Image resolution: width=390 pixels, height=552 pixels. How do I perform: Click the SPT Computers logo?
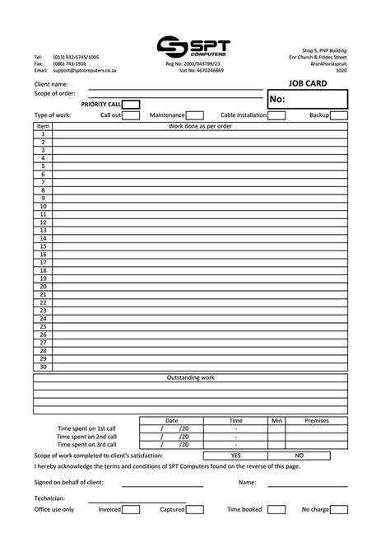[x=194, y=48]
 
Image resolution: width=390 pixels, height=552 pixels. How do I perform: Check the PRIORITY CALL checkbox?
[x=131, y=105]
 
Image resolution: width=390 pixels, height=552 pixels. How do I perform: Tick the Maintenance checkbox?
[x=195, y=115]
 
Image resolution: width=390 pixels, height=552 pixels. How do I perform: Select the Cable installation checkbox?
[x=277, y=115]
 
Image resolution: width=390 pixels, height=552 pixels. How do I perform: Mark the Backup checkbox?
[x=339, y=115]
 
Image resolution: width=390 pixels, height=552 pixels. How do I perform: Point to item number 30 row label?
[x=43, y=367]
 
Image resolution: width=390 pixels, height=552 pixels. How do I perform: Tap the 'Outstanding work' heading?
[x=191, y=377]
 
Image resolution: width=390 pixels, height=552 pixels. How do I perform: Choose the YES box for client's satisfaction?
[x=235, y=455]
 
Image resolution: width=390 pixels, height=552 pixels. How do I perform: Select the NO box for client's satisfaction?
[x=299, y=455]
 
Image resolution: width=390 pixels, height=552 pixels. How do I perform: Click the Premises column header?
[x=317, y=420]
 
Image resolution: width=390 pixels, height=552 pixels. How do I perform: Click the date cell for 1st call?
[x=171, y=428]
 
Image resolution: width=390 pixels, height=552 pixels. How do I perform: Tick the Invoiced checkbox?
[x=131, y=510]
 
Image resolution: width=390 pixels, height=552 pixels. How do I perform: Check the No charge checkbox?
[x=339, y=510]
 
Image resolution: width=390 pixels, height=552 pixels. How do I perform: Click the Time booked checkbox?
[x=276, y=510]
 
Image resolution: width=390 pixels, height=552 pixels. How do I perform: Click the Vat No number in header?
[x=207, y=71]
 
